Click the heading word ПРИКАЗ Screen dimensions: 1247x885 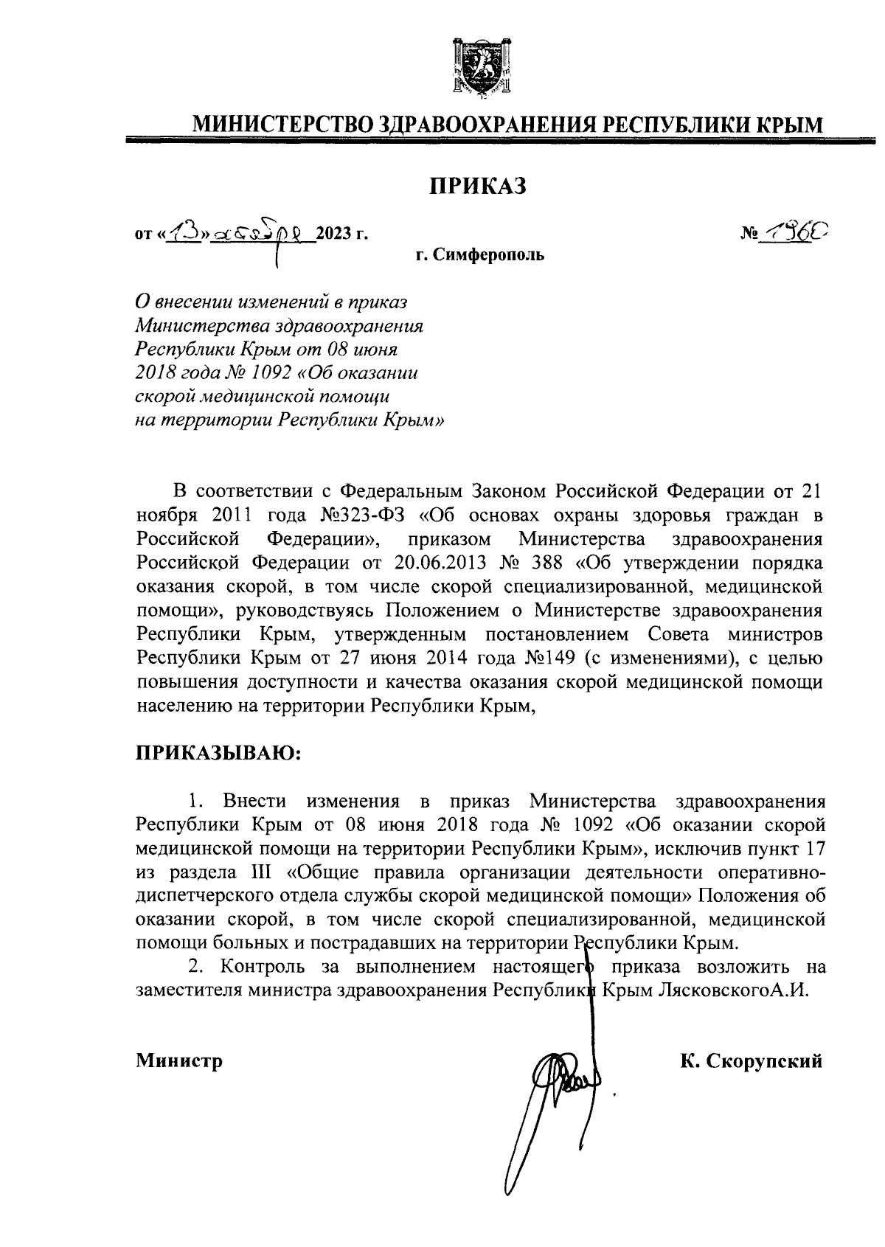point(479,187)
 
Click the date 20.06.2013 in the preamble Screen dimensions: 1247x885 point(428,563)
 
